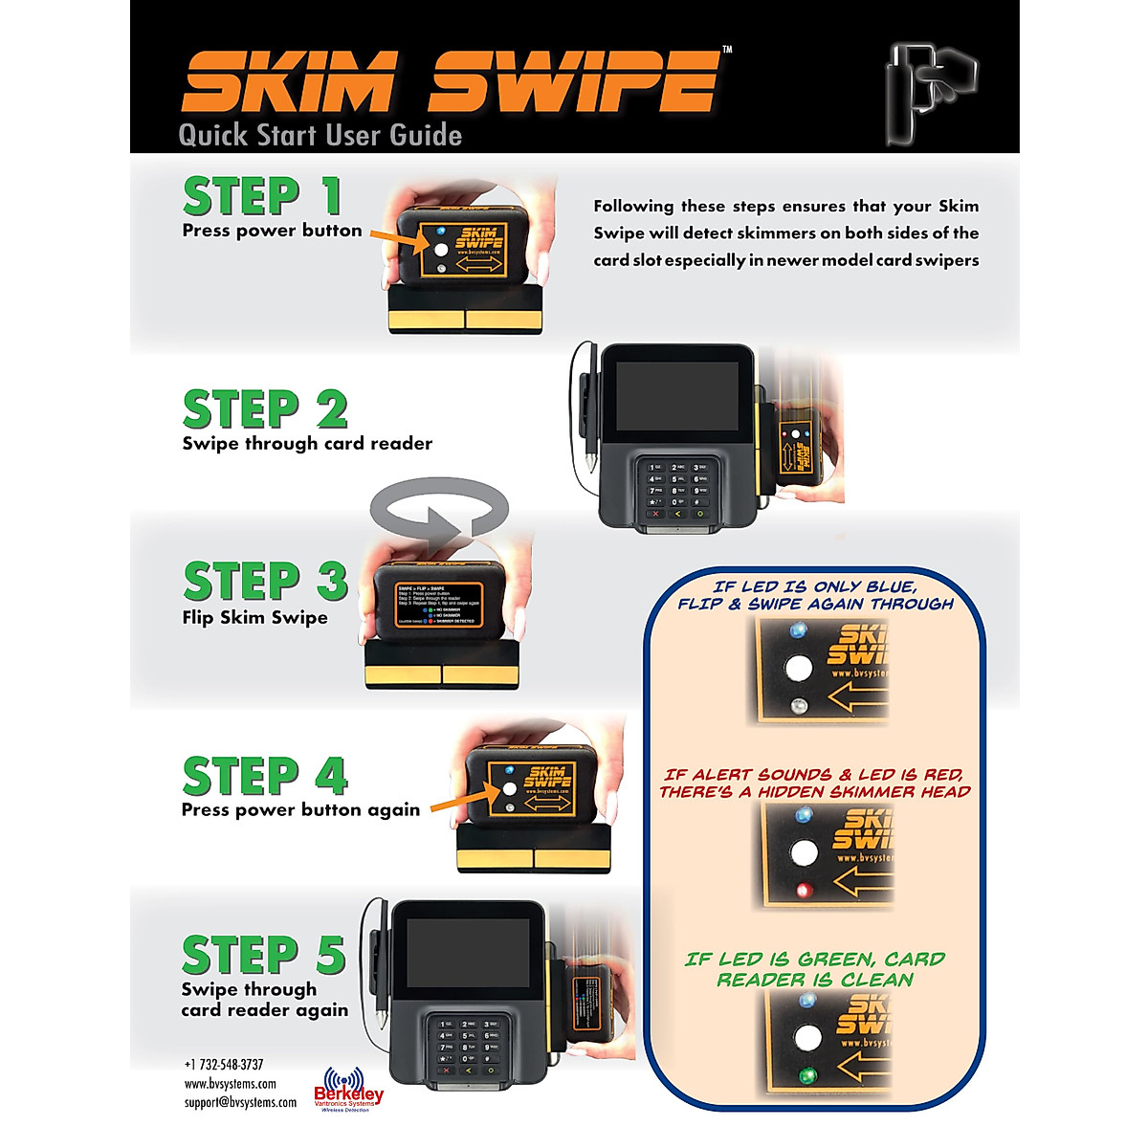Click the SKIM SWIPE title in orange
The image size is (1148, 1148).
pos(450,82)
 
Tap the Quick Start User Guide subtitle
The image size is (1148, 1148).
pos(320,136)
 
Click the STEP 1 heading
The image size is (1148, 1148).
pos(262,196)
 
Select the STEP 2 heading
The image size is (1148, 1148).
pos(265,409)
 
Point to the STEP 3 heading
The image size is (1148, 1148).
pos(265,582)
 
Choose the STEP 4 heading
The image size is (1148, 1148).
pos(265,776)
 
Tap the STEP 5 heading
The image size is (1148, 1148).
pos(263,955)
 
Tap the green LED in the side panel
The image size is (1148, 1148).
pos(808,1074)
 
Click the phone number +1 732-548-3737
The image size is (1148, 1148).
pos(224,1065)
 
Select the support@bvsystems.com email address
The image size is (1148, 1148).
pos(240,1102)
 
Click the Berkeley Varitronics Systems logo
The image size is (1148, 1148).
pos(348,1090)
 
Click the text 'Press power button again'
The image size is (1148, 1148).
pos(300,810)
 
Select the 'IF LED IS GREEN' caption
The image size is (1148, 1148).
pos(814,969)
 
